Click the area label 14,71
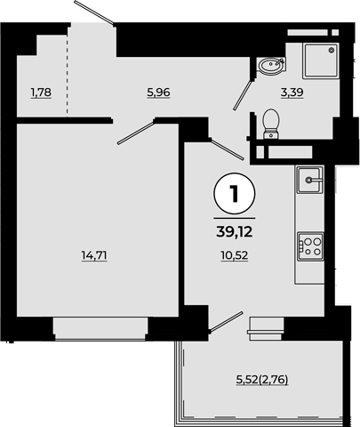pos(94,255)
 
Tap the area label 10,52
pos(235,255)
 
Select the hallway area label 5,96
pos(158,93)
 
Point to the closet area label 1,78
pos(41,93)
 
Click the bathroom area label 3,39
pos(292,93)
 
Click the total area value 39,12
pos(235,232)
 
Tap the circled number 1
pos(235,194)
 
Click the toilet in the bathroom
pos(271,124)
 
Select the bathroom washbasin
pos(271,65)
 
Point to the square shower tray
pos(321,61)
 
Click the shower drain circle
pos(332,50)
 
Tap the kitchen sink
pos(310,180)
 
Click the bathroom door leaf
pos(243,94)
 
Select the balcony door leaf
pos(226,321)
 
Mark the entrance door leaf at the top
pos(94,12)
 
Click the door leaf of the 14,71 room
pos(136,132)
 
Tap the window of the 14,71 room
pos(100,328)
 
